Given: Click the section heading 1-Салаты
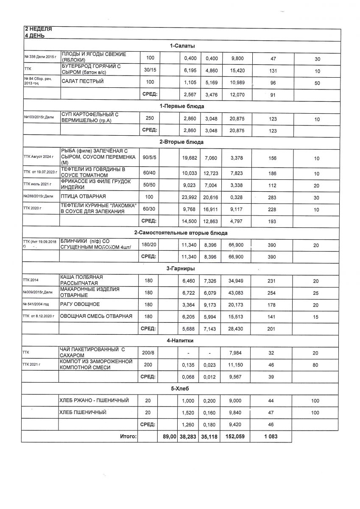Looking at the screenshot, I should (x=181, y=46).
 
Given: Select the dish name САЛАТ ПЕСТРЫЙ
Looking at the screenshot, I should (x=83, y=81).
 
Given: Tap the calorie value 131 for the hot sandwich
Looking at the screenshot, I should (x=273, y=71).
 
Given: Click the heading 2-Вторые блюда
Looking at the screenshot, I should (x=181, y=142).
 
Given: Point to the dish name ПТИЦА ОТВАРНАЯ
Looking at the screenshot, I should (x=83, y=196).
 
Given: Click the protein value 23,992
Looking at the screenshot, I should (x=190, y=196).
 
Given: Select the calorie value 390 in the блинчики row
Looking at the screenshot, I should (x=273, y=245).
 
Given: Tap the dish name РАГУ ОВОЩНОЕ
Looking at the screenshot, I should (x=81, y=304).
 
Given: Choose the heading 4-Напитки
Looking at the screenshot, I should (x=181, y=340).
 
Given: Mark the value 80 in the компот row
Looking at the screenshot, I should (x=318, y=364).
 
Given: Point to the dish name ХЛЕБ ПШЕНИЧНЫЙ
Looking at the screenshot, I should (x=84, y=412).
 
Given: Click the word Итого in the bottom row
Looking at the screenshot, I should (x=128, y=436).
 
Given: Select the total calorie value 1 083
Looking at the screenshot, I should (x=273, y=436).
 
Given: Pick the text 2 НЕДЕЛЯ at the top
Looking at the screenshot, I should (x=38, y=29).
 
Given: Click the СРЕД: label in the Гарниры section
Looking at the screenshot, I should (x=149, y=328).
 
